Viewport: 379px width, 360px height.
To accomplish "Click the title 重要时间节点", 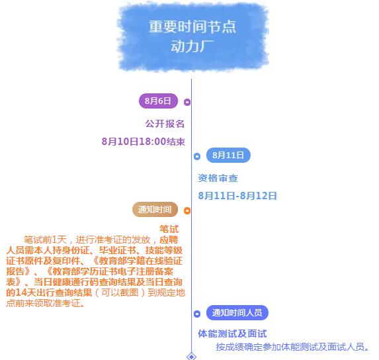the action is pyautogui.click(x=192, y=26).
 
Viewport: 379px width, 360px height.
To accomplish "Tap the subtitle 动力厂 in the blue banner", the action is pyautogui.click(x=192, y=46).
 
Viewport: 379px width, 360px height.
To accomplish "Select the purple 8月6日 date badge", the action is pyautogui.click(x=158, y=101).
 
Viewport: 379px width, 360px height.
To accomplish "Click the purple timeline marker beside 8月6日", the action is pyautogui.click(x=187, y=102).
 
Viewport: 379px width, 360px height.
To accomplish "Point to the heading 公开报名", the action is pyautogui.click(x=165, y=124).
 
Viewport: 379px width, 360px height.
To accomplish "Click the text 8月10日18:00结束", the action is pyautogui.click(x=144, y=142).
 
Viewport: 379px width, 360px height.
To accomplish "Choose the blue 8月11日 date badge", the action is pyautogui.click(x=228, y=155).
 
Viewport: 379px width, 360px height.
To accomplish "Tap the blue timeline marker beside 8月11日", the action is pyautogui.click(x=197, y=156).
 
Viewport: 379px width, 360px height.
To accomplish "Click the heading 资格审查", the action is pyautogui.click(x=218, y=178).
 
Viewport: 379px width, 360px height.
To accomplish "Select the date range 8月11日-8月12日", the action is pyautogui.click(x=237, y=196).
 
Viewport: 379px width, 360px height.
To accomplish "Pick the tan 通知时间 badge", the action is pyautogui.click(x=155, y=209).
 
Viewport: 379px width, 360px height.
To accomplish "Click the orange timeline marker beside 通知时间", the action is pyautogui.click(x=187, y=210).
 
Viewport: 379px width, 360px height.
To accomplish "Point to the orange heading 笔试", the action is pyautogui.click(x=169, y=229).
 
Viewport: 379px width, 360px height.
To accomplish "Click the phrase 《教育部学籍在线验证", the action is pyautogui.click(x=138, y=261).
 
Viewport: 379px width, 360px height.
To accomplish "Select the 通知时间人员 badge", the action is pyautogui.click(x=237, y=312).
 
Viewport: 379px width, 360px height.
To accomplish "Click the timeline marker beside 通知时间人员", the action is pyautogui.click(x=197, y=314).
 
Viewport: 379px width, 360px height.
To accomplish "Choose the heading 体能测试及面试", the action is pyautogui.click(x=232, y=334).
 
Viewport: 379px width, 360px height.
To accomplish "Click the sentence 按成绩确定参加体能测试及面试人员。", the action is pyautogui.click(x=292, y=347).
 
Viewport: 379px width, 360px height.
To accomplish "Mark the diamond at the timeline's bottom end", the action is pyautogui.click(x=191, y=357).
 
